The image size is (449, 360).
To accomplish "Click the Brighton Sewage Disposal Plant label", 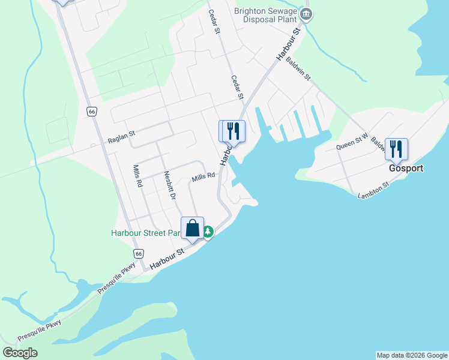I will pyautogui.click(x=265, y=14).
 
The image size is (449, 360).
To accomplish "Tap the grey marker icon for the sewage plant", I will pyautogui.click(x=306, y=14).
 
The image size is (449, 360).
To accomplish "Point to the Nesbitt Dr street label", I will pyautogui.click(x=170, y=185).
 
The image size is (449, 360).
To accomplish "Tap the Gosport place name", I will pyautogui.click(x=405, y=169).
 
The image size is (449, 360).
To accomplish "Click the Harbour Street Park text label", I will pyautogui.click(x=146, y=233).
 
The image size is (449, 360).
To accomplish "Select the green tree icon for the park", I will pyautogui.click(x=208, y=232).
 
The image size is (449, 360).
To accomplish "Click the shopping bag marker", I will pyautogui.click(x=192, y=228).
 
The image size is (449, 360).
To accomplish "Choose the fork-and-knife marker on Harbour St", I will pyautogui.click(x=234, y=131).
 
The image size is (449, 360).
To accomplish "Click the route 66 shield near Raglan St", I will pyautogui.click(x=91, y=112).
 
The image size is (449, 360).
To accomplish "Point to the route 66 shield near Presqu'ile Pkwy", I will pyautogui.click(x=139, y=254).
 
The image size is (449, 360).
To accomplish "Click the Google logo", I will pyautogui.click(x=20, y=352).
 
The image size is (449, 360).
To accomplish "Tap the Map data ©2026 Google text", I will pyautogui.click(x=412, y=355).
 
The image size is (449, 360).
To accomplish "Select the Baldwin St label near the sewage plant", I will pyautogui.click(x=298, y=68).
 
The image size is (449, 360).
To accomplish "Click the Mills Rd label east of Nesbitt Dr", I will pyautogui.click(x=203, y=179).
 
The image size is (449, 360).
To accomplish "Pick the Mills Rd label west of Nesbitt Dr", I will pyautogui.click(x=138, y=176).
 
